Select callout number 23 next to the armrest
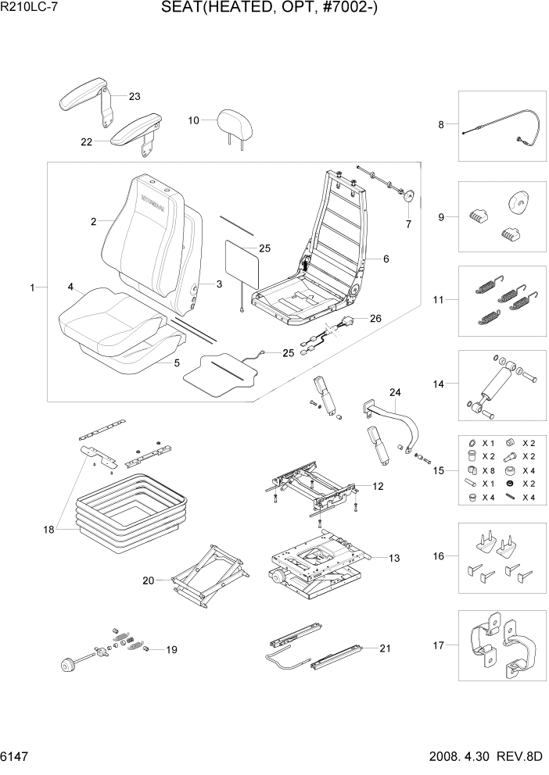[x=135, y=97]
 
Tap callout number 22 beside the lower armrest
[x=86, y=142]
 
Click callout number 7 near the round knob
[x=407, y=224]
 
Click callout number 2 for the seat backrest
[x=93, y=222]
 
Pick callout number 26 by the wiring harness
[x=376, y=318]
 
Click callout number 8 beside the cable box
[x=441, y=124]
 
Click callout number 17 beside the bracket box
[x=439, y=645]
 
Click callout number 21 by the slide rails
[x=384, y=648]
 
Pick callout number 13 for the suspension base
[x=394, y=558]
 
